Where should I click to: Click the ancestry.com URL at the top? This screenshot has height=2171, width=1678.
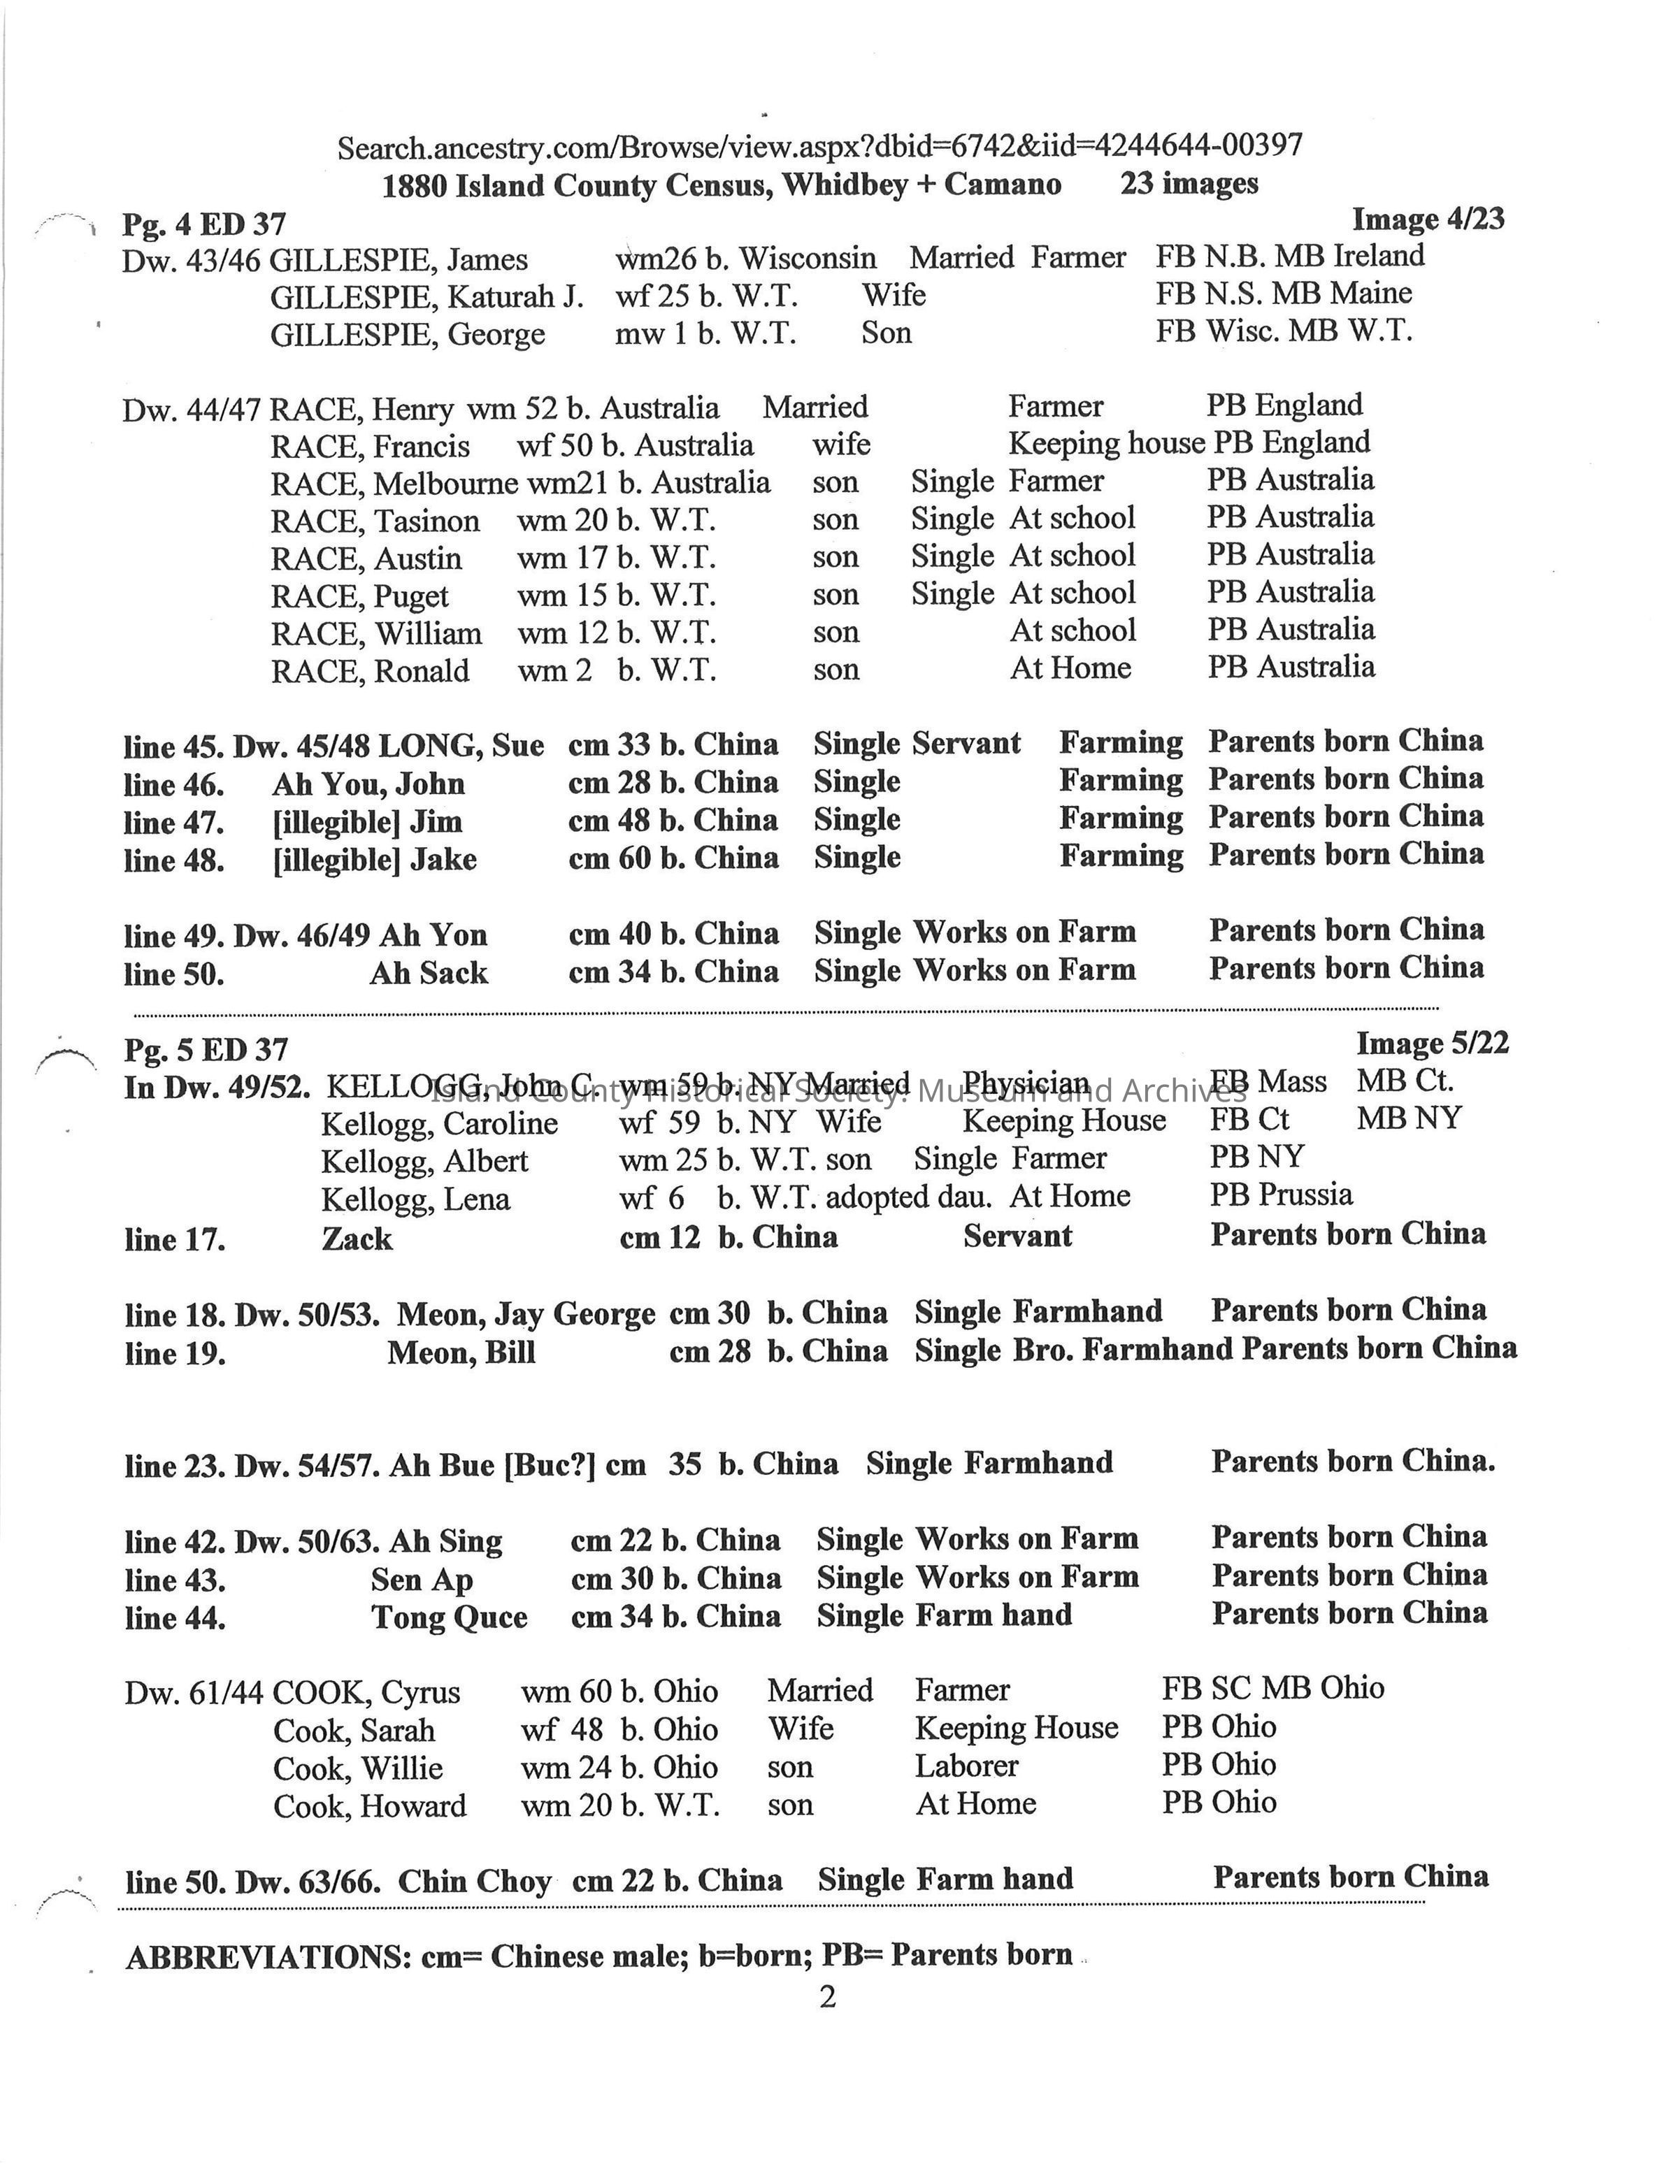tap(819, 147)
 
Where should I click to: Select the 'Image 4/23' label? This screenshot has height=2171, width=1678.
tap(1428, 219)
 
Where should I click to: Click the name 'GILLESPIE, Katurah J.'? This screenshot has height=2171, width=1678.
tap(426, 296)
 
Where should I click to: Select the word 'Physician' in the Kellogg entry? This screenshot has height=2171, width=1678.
tap(1026, 1083)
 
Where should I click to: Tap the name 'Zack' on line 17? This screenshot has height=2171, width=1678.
tap(357, 1239)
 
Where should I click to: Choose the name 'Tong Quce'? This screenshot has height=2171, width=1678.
tap(450, 1617)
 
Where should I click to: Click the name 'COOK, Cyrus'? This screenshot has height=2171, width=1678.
tap(366, 1692)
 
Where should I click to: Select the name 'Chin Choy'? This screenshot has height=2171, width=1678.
tap(474, 1881)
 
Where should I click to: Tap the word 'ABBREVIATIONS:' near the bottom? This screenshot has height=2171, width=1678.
tap(268, 1956)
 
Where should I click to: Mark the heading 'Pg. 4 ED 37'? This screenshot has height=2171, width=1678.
tap(203, 224)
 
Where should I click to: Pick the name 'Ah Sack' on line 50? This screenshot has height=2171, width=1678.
tap(429, 972)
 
